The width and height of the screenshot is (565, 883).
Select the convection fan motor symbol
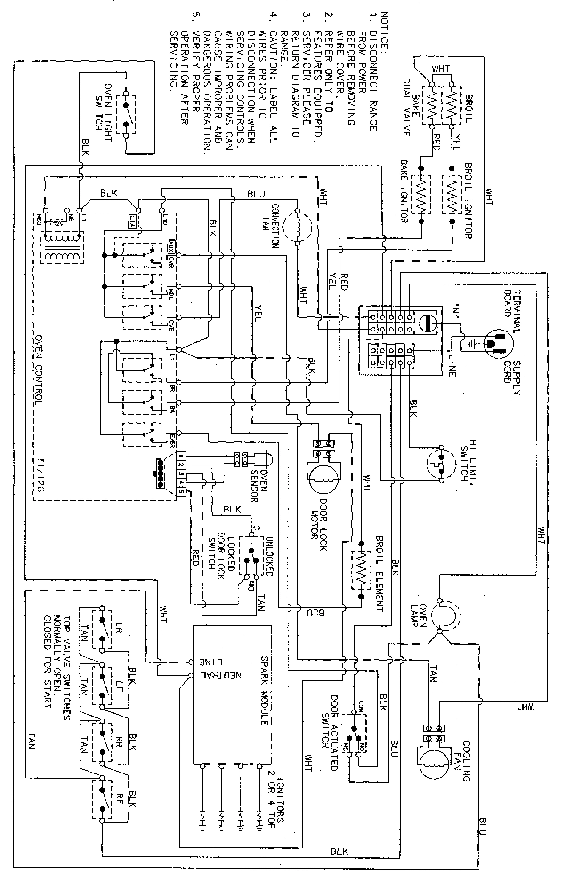pyautogui.click(x=298, y=226)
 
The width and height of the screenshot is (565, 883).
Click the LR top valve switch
pyautogui.click(x=102, y=630)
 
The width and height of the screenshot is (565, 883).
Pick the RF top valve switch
pyautogui.click(x=102, y=796)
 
